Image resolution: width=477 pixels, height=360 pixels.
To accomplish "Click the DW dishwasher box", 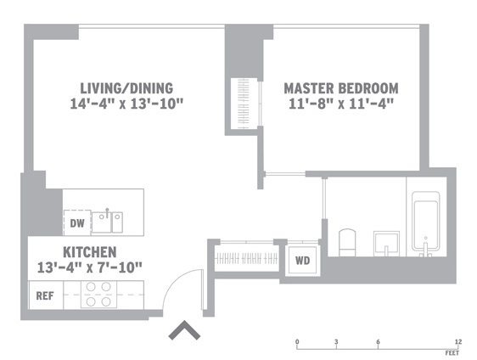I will [76, 223].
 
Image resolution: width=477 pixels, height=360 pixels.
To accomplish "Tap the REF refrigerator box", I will [44, 296].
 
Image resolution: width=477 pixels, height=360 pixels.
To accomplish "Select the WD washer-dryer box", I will [301, 261].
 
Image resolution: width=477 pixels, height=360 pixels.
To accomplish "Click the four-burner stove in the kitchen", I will [98, 295].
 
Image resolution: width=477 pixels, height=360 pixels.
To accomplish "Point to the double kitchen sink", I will [108, 222].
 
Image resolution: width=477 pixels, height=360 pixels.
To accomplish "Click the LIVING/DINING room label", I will [126, 88].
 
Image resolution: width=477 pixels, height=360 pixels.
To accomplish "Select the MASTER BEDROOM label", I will [340, 88].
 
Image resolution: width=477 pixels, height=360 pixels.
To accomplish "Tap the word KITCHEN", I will [89, 252].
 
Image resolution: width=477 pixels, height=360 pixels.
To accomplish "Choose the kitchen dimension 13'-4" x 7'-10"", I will [90, 267].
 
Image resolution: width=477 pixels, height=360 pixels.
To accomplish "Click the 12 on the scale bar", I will [458, 341].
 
